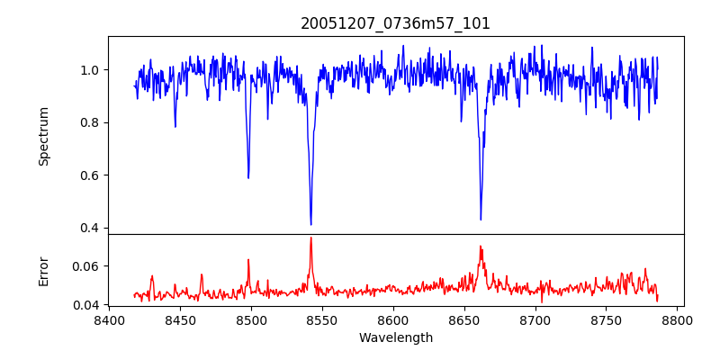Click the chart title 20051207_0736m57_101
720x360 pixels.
click(395, 23)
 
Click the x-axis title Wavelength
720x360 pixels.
click(395, 337)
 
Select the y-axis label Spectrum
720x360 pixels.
click(43, 136)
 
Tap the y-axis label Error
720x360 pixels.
click(43, 269)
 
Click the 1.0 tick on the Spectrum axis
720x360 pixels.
click(90, 70)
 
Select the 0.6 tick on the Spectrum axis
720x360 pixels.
click(90, 175)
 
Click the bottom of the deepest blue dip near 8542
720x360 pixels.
click(310, 224)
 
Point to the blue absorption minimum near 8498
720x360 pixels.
click(248, 177)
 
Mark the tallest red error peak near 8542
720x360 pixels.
click(310, 238)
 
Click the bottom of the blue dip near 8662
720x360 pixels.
click(481, 219)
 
